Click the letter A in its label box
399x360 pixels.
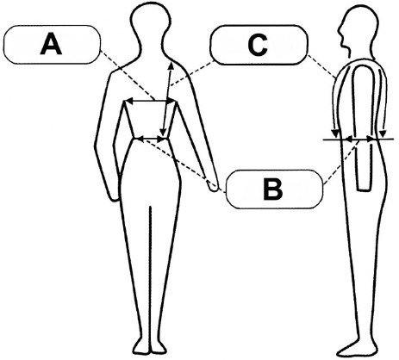(x=51, y=44)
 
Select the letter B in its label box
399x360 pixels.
(x=272, y=189)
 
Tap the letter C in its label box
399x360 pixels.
(x=258, y=45)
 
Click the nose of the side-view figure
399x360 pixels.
(x=340, y=29)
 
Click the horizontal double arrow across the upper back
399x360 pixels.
(x=151, y=101)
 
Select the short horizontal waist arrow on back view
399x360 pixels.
(x=150, y=139)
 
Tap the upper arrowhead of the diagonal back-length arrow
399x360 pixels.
(x=171, y=66)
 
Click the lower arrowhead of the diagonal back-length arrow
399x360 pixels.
(x=163, y=132)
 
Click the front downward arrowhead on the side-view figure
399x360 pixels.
(x=335, y=133)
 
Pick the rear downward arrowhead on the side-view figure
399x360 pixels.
(x=382, y=133)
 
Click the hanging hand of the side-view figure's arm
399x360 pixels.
(x=365, y=183)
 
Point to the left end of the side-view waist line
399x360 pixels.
(x=323, y=140)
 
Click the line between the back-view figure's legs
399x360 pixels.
(x=150, y=276)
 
